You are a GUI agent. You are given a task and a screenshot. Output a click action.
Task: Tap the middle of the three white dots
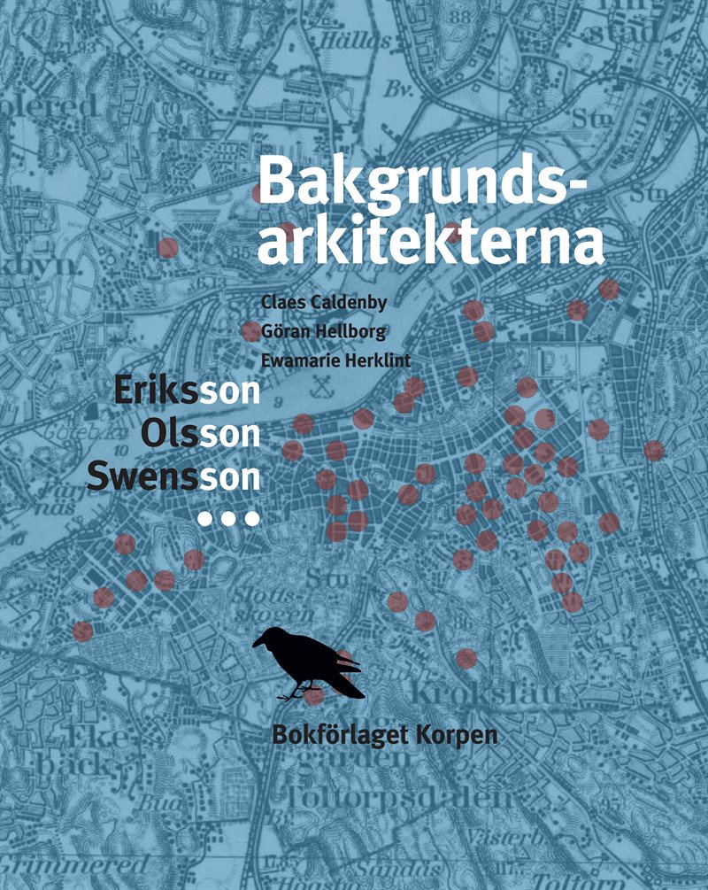click(x=228, y=519)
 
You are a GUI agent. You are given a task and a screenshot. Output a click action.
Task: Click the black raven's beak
click(x=258, y=643)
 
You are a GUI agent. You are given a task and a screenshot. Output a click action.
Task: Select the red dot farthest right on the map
click(x=653, y=451)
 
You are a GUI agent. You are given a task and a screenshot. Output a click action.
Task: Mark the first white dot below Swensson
click(x=205, y=519)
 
